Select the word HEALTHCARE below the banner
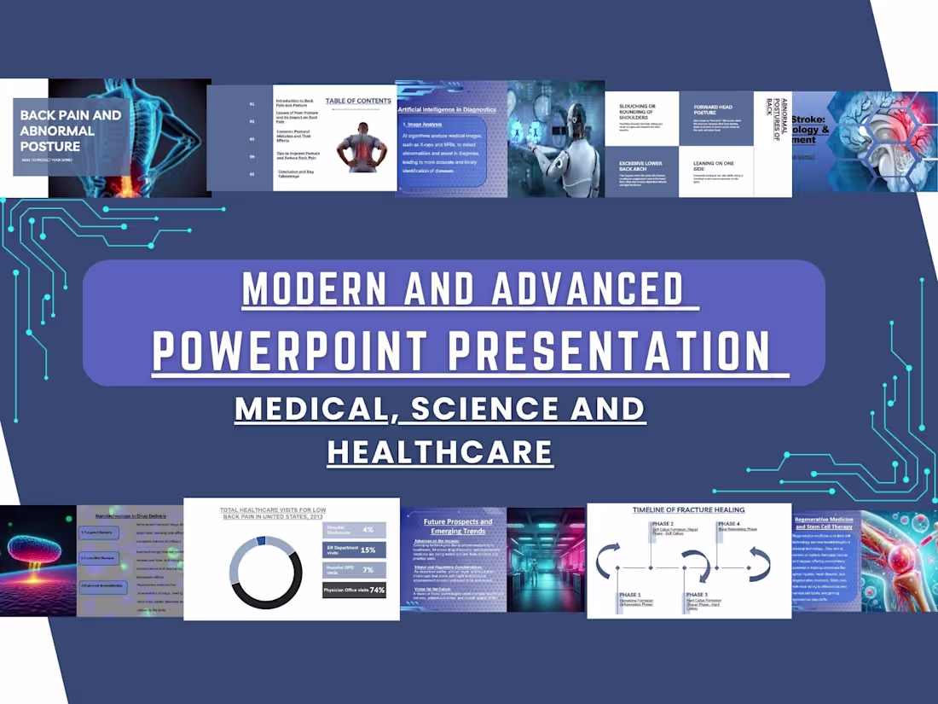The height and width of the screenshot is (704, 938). pyautogui.click(x=440, y=451)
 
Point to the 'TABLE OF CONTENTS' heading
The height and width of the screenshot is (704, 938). pyautogui.click(x=358, y=101)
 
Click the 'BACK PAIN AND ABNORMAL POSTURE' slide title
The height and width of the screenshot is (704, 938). pyautogui.click(x=70, y=131)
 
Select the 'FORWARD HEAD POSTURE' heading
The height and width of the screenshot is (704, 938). pyautogui.click(x=713, y=110)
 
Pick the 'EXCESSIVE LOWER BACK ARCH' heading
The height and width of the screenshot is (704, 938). pyautogui.click(x=640, y=165)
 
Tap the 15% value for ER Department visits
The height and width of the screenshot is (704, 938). pyautogui.click(x=368, y=550)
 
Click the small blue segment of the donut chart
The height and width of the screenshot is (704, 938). pyautogui.click(x=261, y=540)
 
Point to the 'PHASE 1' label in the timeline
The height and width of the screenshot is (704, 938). pyautogui.click(x=632, y=595)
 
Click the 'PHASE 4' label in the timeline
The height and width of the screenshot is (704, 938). pyautogui.click(x=730, y=523)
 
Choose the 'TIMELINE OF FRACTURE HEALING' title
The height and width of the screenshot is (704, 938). pyautogui.click(x=689, y=510)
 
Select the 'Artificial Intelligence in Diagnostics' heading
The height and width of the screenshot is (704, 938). pyautogui.click(x=447, y=109)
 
